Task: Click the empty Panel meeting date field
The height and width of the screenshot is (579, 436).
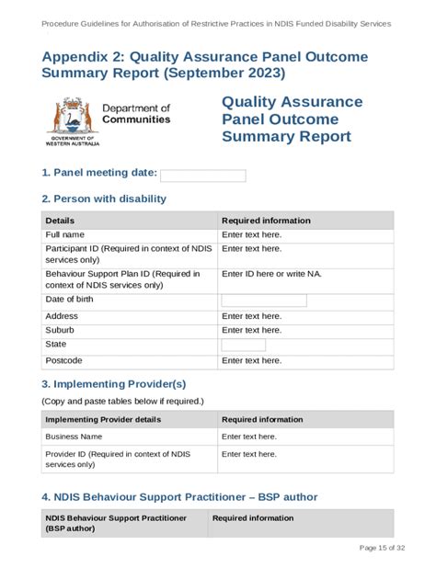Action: (x=203, y=176)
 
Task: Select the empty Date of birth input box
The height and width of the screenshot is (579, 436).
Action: (x=264, y=301)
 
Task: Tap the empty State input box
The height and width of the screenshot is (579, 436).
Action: (x=244, y=345)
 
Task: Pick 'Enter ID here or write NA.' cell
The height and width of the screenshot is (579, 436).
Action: (x=271, y=274)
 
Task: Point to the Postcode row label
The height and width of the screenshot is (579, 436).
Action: (x=64, y=360)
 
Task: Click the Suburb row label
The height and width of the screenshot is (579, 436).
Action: (x=60, y=330)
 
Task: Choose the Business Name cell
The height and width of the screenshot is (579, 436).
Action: (x=74, y=437)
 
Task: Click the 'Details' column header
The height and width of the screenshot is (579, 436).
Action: (x=60, y=221)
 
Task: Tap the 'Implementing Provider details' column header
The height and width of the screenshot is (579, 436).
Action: (x=103, y=419)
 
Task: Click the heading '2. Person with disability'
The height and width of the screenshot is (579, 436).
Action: (x=104, y=199)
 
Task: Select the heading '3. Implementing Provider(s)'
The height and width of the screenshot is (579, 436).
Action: (x=113, y=384)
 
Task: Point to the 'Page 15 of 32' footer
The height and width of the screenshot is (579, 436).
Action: (x=381, y=549)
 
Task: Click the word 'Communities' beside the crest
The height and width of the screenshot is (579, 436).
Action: (x=136, y=119)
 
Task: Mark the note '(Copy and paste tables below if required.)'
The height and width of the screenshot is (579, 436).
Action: (x=121, y=402)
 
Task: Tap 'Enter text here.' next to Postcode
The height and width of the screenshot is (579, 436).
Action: (x=251, y=360)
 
